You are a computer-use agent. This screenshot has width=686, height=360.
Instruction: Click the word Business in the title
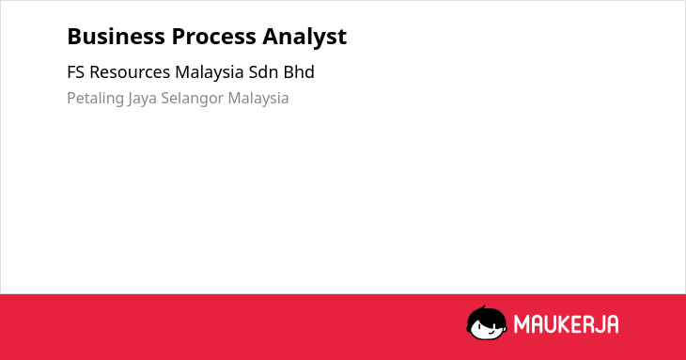(116, 37)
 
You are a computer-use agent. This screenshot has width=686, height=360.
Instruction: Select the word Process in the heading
(213, 37)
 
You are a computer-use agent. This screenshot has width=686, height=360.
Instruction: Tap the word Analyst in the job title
(304, 38)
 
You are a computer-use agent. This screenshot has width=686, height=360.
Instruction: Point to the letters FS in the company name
(75, 72)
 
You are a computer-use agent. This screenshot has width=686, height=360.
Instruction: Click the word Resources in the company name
(130, 72)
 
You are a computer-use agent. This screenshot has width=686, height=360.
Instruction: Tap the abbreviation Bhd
(299, 72)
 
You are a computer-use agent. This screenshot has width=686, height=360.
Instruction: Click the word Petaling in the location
(95, 99)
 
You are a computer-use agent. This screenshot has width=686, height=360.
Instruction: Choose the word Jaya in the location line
(142, 99)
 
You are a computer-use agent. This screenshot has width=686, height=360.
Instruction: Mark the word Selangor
(192, 99)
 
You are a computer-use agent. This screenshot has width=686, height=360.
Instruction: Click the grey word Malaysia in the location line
(258, 99)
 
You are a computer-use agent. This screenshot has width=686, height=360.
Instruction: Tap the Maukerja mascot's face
(489, 329)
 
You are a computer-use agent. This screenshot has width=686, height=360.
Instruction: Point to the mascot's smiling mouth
(491, 334)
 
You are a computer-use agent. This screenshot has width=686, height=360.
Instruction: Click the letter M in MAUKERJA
(521, 324)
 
